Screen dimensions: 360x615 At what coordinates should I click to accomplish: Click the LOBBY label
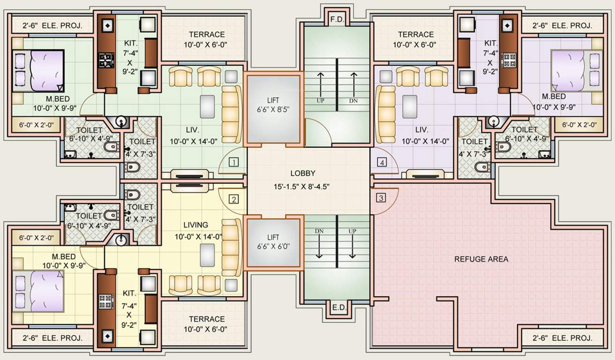pyautogui.click(x=303, y=173)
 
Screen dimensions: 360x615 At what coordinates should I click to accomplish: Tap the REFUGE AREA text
pyautogui.click(x=481, y=259)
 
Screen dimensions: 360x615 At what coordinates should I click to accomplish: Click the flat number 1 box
pyautogui.click(x=234, y=163)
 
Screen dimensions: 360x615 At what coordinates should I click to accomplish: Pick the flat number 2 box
pyautogui.click(x=234, y=199)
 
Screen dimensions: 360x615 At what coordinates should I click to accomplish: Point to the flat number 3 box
pyautogui.click(x=381, y=198)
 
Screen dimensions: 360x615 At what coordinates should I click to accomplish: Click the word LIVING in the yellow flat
pyautogui.click(x=196, y=225)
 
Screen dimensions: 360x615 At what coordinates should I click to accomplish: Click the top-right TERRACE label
pyautogui.click(x=416, y=34)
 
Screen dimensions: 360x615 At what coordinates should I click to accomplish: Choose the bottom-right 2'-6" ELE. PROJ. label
pyautogui.click(x=562, y=337)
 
